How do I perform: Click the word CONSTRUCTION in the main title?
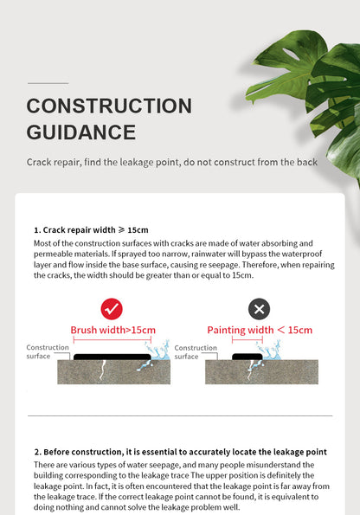click(x=109, y=106)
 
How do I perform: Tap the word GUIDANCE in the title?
click(x=81, y=132)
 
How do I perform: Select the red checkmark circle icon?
click(x=112, y=309)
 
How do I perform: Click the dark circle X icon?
click(x=259, y=309)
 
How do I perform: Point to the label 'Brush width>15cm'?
click(x=112, y=330)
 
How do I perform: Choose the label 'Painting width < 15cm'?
click(x=259, y=330)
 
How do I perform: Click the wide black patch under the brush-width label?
click(x=112, y=355)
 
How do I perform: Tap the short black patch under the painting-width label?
click(x=246, y=355)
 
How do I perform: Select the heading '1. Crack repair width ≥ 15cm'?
click(x=91, y=230)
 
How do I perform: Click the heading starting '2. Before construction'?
click(x=180, y=452)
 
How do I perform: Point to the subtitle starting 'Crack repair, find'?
click(x=171, y=162)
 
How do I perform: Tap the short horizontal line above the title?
click(x=48, y=83)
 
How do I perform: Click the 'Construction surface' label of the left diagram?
click(x=48, y=351)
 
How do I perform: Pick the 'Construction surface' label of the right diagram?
click(x=196, y=351)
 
